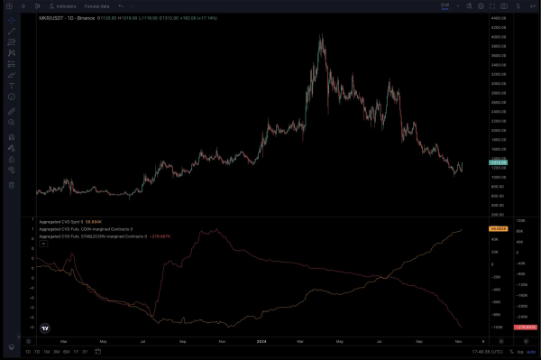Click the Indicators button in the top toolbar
65,6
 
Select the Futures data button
97,6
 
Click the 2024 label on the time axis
261,342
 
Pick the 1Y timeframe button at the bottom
77,351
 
